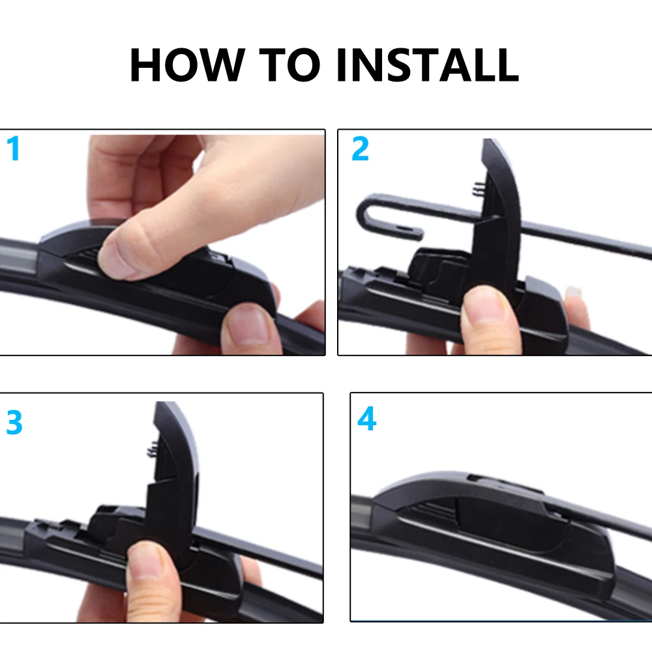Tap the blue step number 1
click(x=13, y=149)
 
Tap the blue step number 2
click(x=360, y=149)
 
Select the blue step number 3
click(x=14, y=423)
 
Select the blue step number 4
click(x=366, y=420)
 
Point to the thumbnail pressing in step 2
click(x=483, y=306)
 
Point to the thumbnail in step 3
click(x=148, y=561)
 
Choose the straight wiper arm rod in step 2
click(x=587, y=238)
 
